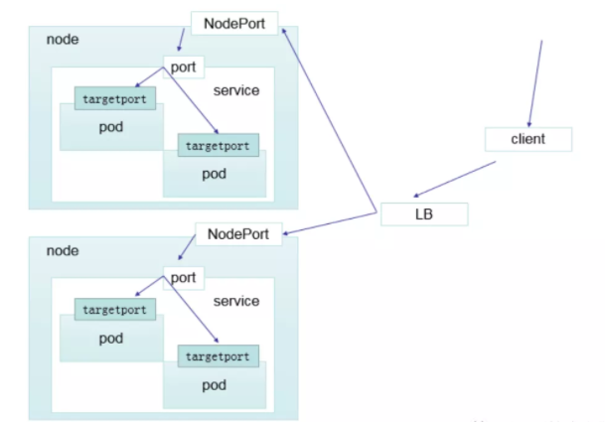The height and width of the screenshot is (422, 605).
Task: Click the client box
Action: point(529,139)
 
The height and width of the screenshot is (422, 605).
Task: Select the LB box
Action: point(423,212)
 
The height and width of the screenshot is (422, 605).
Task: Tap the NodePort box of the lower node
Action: point(239,234)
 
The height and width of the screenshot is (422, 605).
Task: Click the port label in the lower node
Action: point(183,278)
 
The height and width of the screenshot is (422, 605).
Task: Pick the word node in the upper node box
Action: point(62,39)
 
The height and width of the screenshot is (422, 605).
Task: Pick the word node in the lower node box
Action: point(62,250)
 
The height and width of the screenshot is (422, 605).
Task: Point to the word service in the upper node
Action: point(236,90)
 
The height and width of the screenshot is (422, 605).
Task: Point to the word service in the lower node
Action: point(236,301)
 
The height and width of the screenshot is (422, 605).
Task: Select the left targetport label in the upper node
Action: point(113,99)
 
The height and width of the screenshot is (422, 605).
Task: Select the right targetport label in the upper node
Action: point(218,145)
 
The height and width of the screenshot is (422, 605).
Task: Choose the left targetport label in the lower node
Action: point(113,310)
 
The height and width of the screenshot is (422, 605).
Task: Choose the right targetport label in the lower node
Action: point(218,355)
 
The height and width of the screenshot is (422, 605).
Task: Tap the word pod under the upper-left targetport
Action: point(110,128)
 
